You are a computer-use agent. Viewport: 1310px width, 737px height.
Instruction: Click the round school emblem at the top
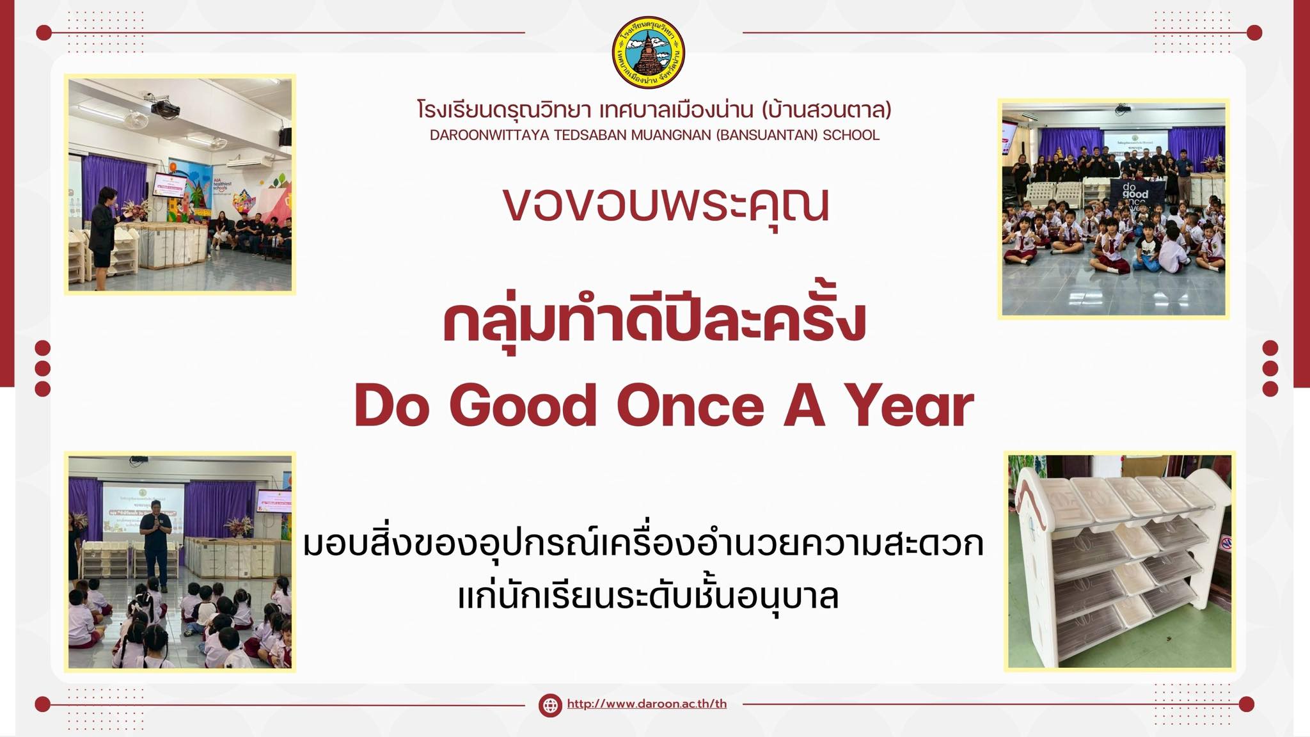click(x=649, y=52)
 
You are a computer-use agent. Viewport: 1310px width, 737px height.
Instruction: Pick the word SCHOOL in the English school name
click(x=851, y=136)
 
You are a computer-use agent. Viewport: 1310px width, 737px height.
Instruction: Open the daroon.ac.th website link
click(x=647, y=704)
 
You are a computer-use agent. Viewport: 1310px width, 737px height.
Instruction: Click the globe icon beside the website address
click(x=549, y=705)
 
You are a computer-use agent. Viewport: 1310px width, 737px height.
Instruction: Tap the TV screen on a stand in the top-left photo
click(x=170, y=184)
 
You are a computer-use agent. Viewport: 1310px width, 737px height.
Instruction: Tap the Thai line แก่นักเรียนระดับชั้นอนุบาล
click(x=648, y=597)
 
